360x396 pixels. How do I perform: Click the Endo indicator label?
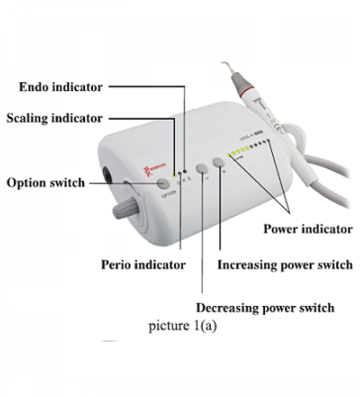[x=61, y=87]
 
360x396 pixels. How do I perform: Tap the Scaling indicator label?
[x=55, y=118]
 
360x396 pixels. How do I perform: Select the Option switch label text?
[x=46, y=183]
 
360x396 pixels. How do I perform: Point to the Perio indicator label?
[x=143, y=265]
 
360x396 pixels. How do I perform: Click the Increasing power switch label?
[x=285, y=265]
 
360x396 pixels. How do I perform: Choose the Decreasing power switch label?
[x=265, y=308]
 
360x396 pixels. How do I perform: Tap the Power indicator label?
[x=308, y=228]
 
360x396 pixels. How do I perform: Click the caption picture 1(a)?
[x=183, y=326]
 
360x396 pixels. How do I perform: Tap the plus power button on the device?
[x=219, y=162]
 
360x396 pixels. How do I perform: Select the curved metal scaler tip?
[x=229, y=65]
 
